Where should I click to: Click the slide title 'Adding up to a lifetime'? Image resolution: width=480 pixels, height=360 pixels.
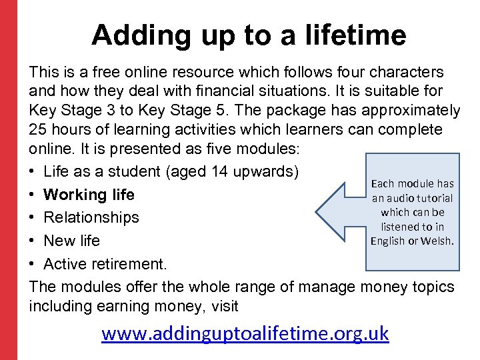(x=248, y=35)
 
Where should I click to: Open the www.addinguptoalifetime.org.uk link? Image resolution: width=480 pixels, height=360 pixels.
(x=245, y=333)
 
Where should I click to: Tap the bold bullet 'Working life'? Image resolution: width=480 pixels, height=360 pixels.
(x=89, y=195)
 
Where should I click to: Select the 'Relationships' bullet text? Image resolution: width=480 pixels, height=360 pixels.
(x=91, y=217)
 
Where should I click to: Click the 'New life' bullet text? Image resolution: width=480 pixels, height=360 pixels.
(x=71, y=240)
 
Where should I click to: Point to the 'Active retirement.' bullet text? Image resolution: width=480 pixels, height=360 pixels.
(x=105, y=263)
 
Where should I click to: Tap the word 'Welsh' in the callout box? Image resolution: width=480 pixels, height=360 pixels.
(x=437, y=241)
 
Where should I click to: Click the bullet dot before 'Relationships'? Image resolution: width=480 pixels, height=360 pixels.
(x=33, y=217)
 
